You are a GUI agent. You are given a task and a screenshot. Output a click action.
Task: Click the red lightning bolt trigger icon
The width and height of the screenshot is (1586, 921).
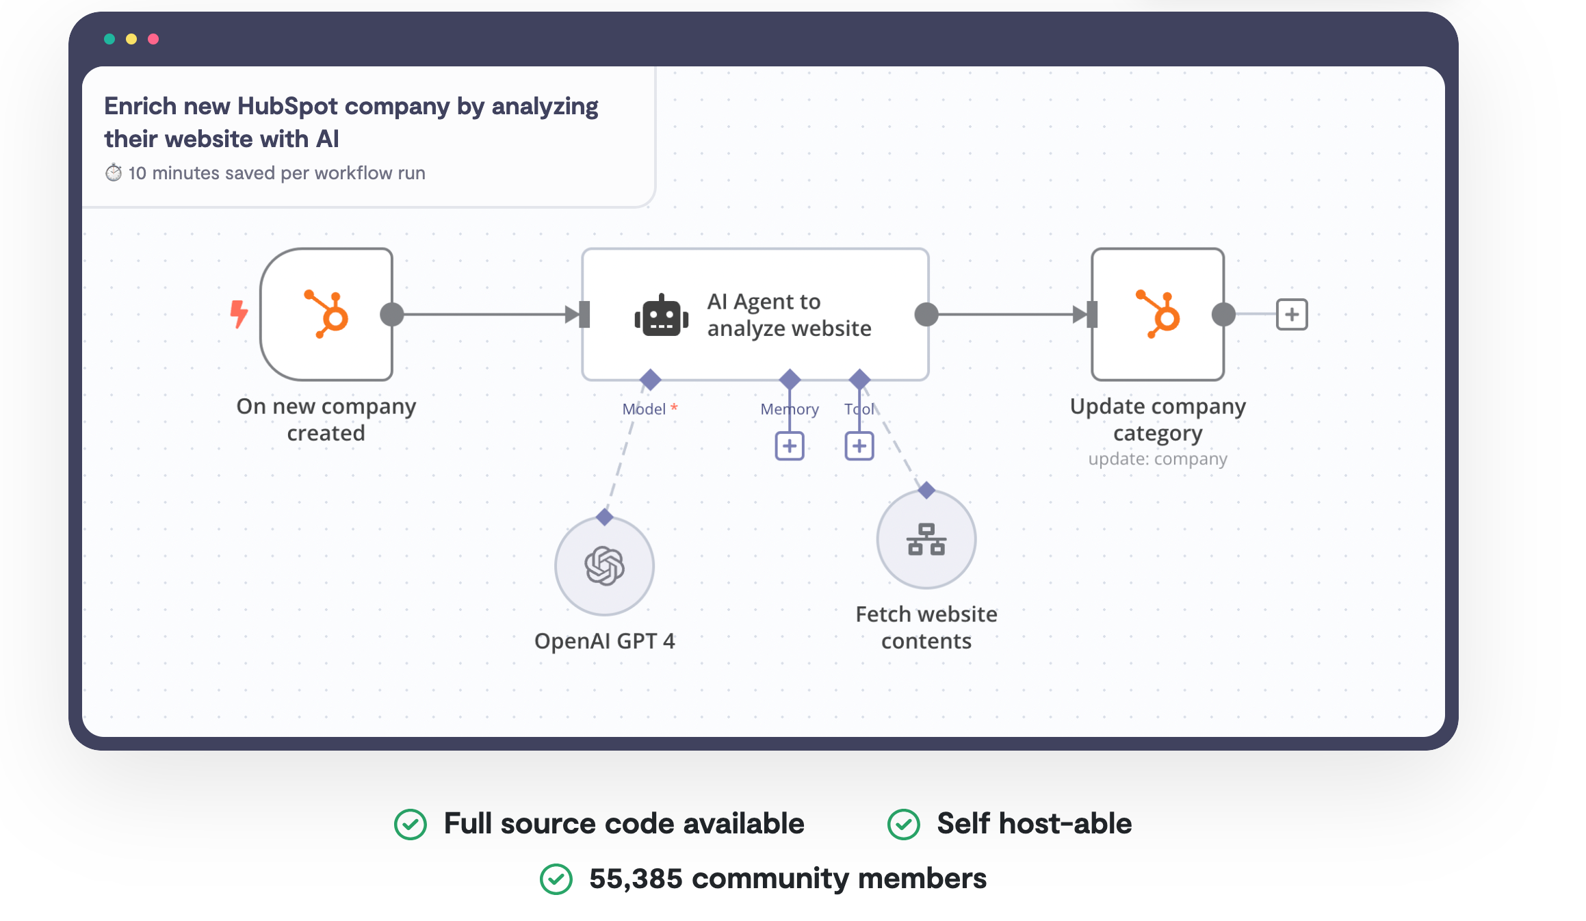[x=239, y=314]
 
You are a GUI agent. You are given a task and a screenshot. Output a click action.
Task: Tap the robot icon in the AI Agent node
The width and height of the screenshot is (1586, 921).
[x=661, y=316]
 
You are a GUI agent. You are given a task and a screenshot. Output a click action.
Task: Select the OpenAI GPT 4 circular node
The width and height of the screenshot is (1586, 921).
[x=604, y=566]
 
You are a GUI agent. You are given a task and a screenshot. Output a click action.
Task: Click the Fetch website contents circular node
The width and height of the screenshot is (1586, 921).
[x=926, y=539]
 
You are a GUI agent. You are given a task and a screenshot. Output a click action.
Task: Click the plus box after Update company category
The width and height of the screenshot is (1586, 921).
[x=1291, y=315]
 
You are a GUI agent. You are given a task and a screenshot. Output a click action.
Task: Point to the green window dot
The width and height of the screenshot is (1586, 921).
[x=109, y=39]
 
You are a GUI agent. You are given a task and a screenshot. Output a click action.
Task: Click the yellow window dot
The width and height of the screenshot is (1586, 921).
[x=131, y=39]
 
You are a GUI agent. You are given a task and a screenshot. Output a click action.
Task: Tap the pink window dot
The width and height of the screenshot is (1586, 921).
[x=153, y=39]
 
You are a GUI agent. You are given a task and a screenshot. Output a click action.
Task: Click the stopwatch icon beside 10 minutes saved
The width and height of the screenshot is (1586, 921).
[x=114, y=173]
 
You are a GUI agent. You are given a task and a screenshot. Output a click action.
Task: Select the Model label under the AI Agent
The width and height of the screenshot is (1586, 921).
[x=644, y=409]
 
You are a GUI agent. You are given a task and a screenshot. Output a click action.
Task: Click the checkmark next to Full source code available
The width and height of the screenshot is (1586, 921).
[x=411, y=824]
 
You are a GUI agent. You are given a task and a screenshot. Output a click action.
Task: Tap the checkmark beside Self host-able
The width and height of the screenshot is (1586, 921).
[x=903, y=824]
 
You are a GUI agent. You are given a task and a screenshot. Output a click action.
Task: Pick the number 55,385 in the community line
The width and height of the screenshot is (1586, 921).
[x=636, y=879]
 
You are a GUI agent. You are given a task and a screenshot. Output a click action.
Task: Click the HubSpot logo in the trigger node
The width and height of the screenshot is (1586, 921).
[x=327, y=314]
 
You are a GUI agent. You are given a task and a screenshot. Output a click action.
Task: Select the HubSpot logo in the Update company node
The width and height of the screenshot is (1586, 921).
[x=1158, y=314]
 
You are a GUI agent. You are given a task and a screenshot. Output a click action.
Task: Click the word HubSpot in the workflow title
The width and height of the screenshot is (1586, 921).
[x=287, y=107]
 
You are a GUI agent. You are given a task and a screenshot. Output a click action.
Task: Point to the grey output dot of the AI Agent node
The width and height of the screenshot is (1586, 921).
[x=926, y=315]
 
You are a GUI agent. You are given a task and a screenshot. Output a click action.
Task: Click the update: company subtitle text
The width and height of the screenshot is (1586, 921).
[x=1158, y=459]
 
